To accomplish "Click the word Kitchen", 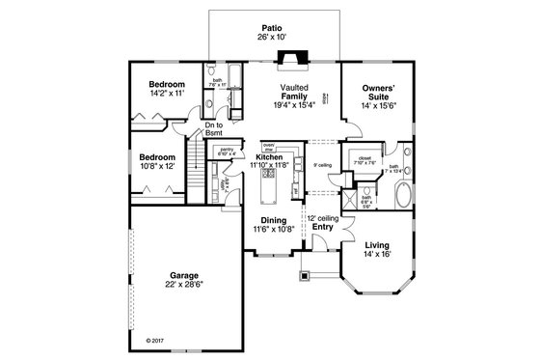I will click(268, 156).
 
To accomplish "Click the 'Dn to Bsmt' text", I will click(214, 128).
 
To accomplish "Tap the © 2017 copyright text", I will click(154, 340).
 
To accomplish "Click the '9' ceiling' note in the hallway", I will click(323, 165).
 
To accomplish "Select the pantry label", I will click(228, 149).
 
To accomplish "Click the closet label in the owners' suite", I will click(364, 156).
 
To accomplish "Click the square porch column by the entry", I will click(307, 275).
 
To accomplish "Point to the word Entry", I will click(321, 228).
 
